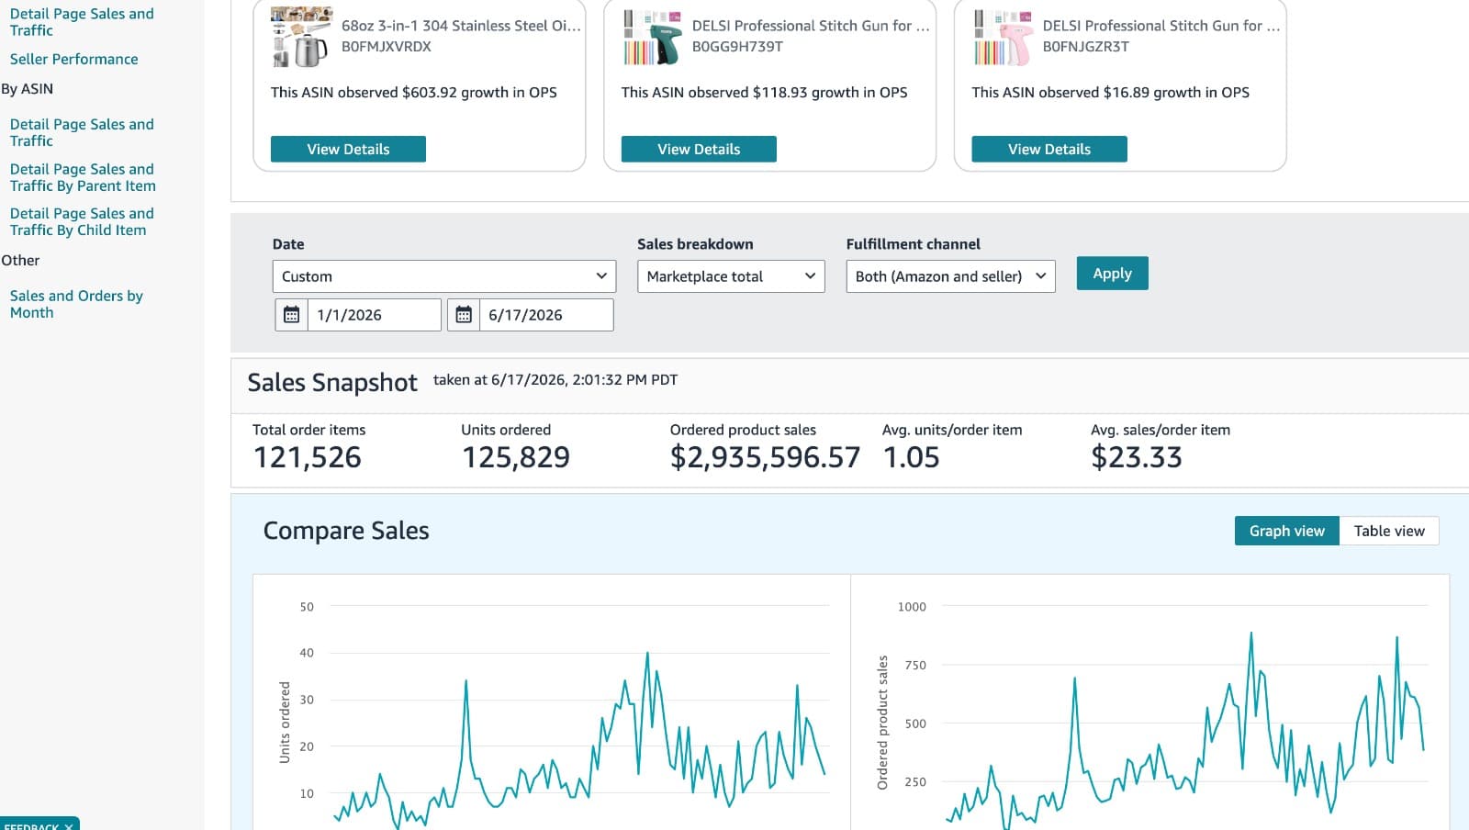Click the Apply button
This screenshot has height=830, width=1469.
point(1112,274)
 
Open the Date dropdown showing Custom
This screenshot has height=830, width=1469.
point(444,276)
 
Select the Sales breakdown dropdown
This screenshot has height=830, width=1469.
point(731,276)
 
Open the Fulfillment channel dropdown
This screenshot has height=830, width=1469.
point(950,276)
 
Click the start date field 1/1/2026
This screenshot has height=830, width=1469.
point(375,315)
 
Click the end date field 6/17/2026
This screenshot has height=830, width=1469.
point(546,315)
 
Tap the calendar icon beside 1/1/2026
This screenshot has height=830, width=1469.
point(291,315)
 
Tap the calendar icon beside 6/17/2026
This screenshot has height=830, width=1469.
point(464,315)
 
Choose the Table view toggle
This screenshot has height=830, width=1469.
point(1389,531)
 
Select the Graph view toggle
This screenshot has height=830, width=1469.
point(1286,531)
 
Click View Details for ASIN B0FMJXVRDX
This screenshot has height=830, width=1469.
point(348,150)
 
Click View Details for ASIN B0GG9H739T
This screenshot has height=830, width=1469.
point(699,150)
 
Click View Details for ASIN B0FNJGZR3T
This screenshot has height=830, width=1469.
point(1049,150)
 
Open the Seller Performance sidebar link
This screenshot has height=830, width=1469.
point(74,59)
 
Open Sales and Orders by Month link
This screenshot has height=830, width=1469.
point(76,304)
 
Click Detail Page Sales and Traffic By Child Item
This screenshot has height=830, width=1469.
point(82,221)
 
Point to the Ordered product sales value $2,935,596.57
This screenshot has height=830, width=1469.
point(765,457)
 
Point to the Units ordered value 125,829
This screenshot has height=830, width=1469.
point(515,457)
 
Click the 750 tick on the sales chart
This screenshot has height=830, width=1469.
point(914,665)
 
